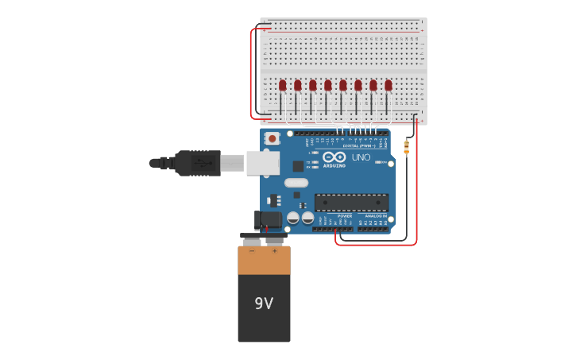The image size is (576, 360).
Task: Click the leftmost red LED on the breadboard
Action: pyautogui.click(x=282, y=85)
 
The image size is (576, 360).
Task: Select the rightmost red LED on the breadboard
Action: pyautogui.click(x=389, y=85)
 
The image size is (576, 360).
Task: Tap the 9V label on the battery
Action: pyautogui.click(x=264, y=304)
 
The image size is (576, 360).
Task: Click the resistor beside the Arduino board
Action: pyautogui.click(x=407, y=147)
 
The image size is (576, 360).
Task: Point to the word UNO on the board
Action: pyautogui.click(x=361, y=157)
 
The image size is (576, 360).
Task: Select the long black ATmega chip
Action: pyautogui.click(x=351, y=202)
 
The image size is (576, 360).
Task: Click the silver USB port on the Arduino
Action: pyautogui.click(x=262, y=163)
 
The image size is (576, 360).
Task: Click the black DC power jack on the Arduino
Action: pyautogui.click(x=269, y=219)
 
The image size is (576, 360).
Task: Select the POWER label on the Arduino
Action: pyautogui.click(x=345, y=215)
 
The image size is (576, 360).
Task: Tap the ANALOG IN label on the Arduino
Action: pyautogui.click(x=376, y=215)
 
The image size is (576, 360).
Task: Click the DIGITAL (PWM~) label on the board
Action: pyautogui.click(x=359, y=145)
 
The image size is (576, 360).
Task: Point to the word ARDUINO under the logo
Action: pyautogui.click(x=334, y=165)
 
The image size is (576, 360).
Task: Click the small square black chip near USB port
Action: pyautogui.click(x=298, y=166)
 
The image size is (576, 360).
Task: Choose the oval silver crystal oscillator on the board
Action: pyautogui.click(x=296, y=183)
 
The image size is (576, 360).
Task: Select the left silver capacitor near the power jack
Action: pyautogui.click(x=292, y=216)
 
